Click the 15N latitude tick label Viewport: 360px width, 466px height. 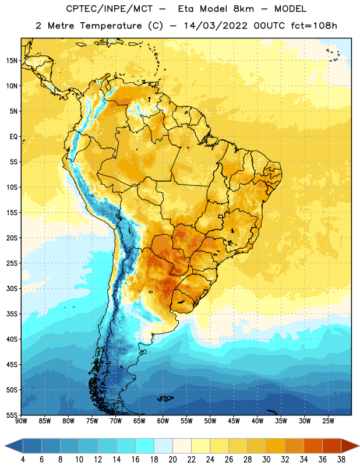pos(12,61)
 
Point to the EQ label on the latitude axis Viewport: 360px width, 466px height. pos(13,137)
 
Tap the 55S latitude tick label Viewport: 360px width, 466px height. pos(12,415)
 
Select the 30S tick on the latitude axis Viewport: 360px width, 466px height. pos(12,288)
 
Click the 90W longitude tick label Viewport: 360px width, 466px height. pos(21,421)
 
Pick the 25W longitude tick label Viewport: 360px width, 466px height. pos(328,421)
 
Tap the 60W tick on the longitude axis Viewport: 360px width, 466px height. pos(163,421)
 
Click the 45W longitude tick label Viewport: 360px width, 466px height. pos(234,421)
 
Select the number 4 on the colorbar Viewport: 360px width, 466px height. pos(23,460)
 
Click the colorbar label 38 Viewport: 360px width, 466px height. pos(341,460)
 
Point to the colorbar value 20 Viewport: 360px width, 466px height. pos(172,460)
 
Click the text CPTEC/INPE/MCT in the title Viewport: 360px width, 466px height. pos(109,9)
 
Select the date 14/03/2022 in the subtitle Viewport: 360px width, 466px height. pos(216,26)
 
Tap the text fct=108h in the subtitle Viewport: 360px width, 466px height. pos(314,26)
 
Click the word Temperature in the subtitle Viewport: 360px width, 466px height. pos(111,26)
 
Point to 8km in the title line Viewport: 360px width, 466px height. pos(243,9)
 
